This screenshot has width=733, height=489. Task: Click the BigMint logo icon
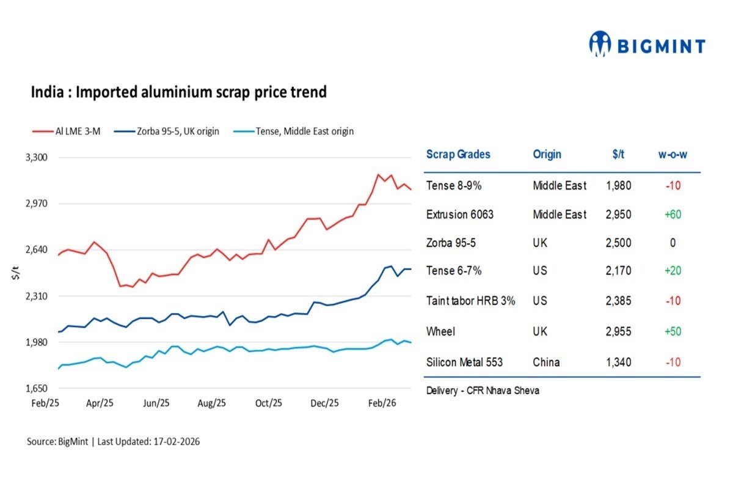click(600, 45)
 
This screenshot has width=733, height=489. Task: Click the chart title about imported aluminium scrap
click(178, 92)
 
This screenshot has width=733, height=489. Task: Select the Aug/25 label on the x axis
click(212, 403)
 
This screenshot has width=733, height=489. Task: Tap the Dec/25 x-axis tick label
click(324, 403)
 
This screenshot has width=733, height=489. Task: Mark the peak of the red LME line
click(379, 175)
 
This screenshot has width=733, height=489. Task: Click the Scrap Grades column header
click(458, 155)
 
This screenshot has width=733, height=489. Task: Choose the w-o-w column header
click(673, 155)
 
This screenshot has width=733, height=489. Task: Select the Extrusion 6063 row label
click(459, 215)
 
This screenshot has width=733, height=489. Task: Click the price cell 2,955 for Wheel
click(618, 332)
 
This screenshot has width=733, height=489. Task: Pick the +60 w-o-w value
click(673, 215)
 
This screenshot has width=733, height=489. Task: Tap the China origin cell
click(546, 362)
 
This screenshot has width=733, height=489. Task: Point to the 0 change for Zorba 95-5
click(673, 243)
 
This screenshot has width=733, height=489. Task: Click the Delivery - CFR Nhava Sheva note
click(483, 391)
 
